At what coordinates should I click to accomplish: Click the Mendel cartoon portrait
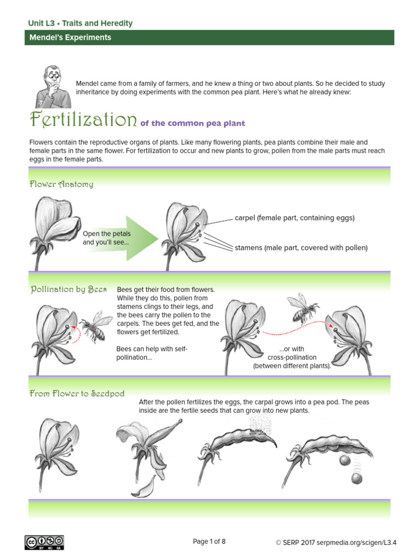pos(53,87)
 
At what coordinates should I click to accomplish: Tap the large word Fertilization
pos(83,119)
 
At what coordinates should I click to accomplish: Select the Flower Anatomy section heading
pos(61,184)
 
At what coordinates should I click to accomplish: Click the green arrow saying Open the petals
pos(121,238)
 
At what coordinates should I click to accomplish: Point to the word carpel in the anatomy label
pos(245,218)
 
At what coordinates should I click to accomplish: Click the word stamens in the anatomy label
pos(248,248)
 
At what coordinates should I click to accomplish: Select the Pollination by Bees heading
pos(68,289)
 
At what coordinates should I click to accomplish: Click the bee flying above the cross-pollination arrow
pos(303,308)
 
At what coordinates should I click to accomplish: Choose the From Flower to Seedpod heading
pos(77,393)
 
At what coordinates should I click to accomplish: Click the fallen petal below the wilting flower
pos(144,487)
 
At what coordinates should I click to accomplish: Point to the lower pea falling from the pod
pos(357,478)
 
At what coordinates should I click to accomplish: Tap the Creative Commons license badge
pos(44,542)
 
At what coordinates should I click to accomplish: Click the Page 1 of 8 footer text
pos(209,542)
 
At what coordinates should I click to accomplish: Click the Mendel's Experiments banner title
pos(70,38)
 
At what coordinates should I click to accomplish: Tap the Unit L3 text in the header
pos(41,23)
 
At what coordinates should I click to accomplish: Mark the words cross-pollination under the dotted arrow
pos(292,357)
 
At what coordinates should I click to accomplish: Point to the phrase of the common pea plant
pos(193,123)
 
